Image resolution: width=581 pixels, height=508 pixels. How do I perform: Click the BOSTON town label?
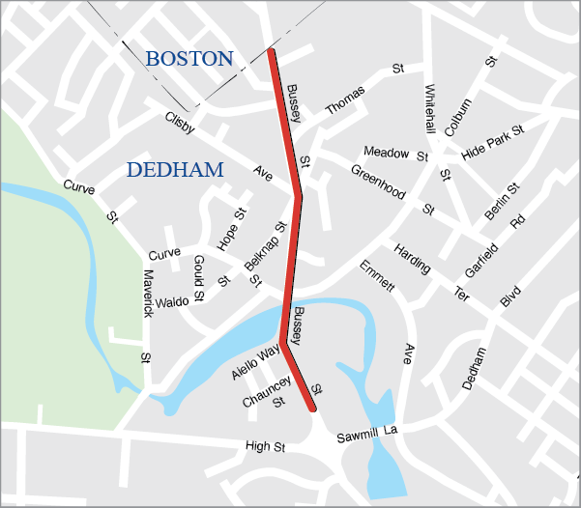point(189,59)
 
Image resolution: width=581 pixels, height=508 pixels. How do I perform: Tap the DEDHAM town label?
point(175,170)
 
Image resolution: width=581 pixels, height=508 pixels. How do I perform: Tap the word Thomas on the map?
point(345,99)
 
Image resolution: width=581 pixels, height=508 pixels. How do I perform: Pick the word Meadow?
point(386,152)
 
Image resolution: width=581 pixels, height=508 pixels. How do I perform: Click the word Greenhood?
point(377,183)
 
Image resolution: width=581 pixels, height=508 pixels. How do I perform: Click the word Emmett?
point(378,275)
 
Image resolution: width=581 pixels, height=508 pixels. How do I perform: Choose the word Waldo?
point(172,301)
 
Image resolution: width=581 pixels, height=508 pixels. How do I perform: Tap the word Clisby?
point(180,124)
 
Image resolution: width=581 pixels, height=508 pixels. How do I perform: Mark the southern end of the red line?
point(313,409)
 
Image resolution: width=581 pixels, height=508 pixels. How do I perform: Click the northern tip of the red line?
point(272,51)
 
